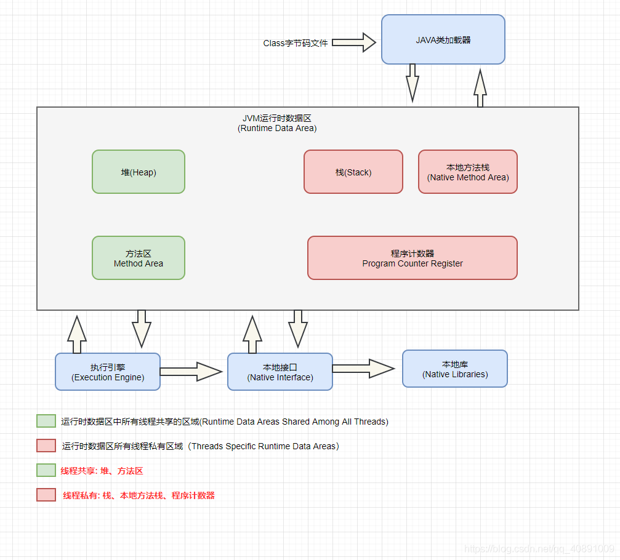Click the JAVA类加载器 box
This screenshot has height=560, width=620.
pos(443,39)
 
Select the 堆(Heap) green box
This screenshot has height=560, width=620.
pos(139,172)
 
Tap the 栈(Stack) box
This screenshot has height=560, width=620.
pos(353,172)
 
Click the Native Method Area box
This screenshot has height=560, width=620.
pos(468,172)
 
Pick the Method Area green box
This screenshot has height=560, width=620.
pos(139,258)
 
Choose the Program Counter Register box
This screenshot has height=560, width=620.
pos(412,258)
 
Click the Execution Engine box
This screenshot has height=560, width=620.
pos(108,372)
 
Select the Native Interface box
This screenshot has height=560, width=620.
pos(280,372)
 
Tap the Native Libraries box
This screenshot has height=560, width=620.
pos(455,369)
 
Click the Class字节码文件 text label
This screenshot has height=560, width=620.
pos(296,43)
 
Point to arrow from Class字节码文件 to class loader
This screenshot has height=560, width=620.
pos(353,42)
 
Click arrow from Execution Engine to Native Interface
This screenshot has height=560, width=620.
pos(190,371)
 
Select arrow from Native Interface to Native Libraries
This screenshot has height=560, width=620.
pos(363,368)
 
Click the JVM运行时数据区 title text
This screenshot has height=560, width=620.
pos(277,123)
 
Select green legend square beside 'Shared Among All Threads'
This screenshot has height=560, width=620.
pos(46,422)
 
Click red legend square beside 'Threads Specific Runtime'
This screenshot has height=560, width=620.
pos(46,446)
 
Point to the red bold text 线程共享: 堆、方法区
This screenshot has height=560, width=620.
pos(102,471)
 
